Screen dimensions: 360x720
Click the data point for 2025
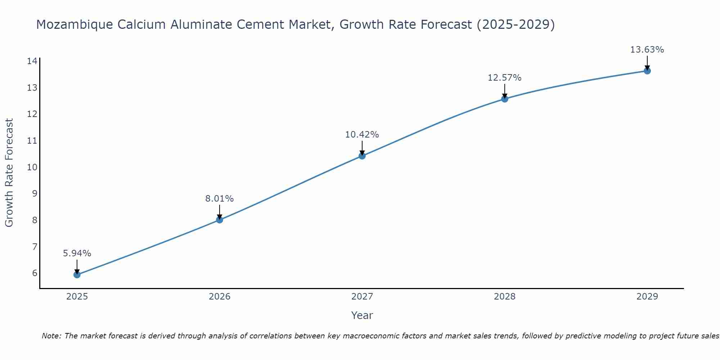[x=77, y=275]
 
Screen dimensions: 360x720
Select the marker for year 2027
[x=362, y=156]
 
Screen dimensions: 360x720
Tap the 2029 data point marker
[x=647, y=71]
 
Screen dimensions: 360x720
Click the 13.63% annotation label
[x=647, y=50]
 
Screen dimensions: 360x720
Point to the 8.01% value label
[x=219, y=199]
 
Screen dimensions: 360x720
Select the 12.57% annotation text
[x=504, y=78]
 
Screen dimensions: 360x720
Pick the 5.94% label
[x=77, y=253]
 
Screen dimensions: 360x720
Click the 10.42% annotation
[x=362, y=135]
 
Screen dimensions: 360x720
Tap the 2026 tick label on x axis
[x=220, y=297]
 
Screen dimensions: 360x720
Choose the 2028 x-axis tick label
[x=504, y=297]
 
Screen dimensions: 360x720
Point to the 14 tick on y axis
[x=32, y=61]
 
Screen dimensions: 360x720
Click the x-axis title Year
[x=362, y=315]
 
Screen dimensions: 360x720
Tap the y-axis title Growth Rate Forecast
[x=9, y=172]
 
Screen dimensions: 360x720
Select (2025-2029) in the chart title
[x=516, y=25]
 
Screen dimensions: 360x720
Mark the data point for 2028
[x=504, y=99]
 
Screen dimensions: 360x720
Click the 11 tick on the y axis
[x=32, y=141]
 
